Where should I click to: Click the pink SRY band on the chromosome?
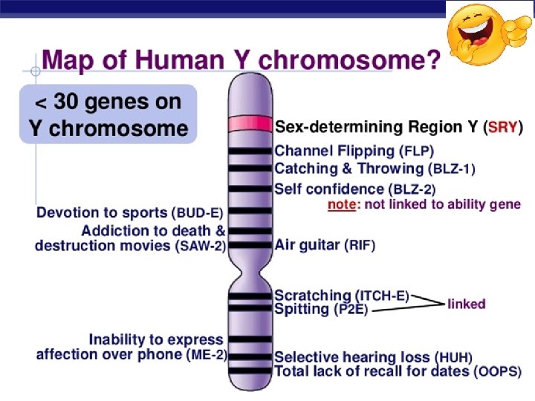point(250,123)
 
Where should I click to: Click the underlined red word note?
point(342,204)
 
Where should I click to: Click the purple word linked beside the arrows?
point(466,304)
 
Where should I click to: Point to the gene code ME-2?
point(206,354)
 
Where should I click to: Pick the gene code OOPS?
point(497,371)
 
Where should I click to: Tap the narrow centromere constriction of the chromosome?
point(250,278)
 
